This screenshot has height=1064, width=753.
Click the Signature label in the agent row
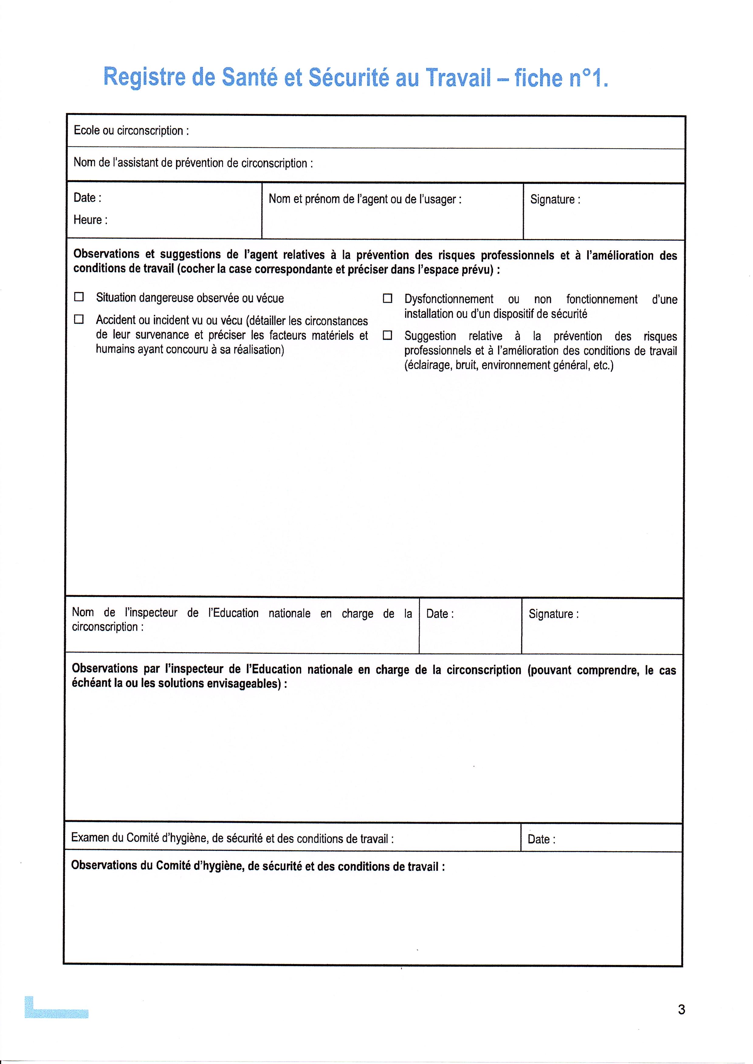[555, 199]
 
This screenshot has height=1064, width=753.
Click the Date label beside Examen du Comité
[541, 839]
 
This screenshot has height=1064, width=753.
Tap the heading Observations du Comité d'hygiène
[258, 866]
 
